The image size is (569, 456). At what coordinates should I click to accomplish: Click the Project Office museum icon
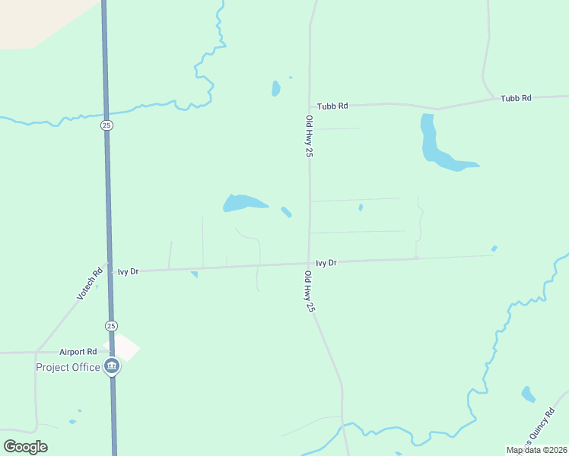(112, 367)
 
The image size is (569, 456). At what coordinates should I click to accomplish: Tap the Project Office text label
(68, 368)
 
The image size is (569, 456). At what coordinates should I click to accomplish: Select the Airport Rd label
(80, 352)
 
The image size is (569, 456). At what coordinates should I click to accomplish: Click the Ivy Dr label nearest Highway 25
(128, 271)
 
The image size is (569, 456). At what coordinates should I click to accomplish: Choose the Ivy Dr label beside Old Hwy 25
(326, 263)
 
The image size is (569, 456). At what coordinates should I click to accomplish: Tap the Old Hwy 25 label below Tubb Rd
(309, 136)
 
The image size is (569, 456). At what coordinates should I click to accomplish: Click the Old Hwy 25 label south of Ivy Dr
(309, 292)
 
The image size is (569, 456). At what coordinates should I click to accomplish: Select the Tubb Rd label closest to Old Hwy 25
(332, 106)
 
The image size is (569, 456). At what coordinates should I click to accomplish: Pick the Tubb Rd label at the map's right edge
(516, 98)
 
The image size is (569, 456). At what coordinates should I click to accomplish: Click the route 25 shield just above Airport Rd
(111, 325)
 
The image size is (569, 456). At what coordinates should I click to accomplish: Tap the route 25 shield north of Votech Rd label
(106, 125)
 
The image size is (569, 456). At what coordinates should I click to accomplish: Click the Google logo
(25, 447)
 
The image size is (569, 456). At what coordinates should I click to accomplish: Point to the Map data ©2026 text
(536, 450)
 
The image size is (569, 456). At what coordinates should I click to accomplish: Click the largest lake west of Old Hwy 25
(242, 203)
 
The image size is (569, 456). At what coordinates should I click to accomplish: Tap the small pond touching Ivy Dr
(194, 274)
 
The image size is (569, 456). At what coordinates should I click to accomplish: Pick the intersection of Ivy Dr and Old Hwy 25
(309, 264)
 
